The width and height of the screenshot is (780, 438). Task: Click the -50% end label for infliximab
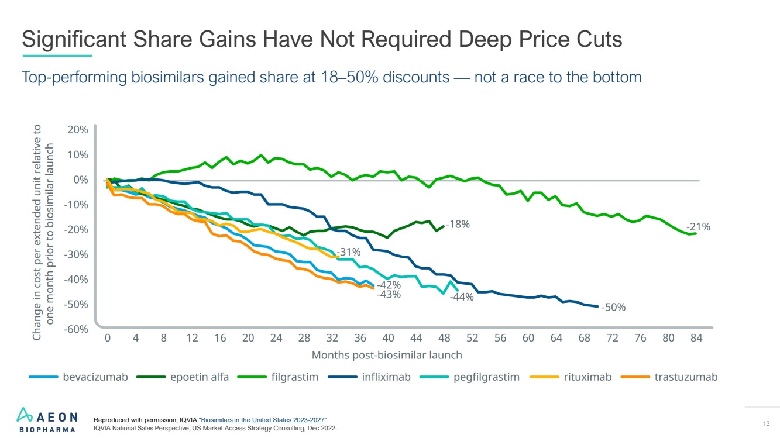coord(614,307)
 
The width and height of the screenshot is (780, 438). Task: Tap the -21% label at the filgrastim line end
coord(698,227)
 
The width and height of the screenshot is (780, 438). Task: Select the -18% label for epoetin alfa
coord(458,224)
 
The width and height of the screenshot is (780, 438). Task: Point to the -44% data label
coord(462,297)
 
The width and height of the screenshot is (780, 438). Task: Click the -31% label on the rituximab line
coord(348,252)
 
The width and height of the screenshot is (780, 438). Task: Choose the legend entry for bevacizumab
coord(79,377)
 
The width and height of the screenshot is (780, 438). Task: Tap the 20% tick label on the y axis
coord(77,129)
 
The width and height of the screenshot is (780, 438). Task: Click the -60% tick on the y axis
coord(75,329)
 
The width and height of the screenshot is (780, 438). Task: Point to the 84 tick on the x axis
coord(696,338)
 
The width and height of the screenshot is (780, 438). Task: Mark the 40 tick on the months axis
coord(388,338)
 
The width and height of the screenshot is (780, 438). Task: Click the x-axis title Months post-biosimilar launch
coord(387,355)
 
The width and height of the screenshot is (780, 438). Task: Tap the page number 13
coord(766,423)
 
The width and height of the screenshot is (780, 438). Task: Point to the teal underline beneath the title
coord(57,56)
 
